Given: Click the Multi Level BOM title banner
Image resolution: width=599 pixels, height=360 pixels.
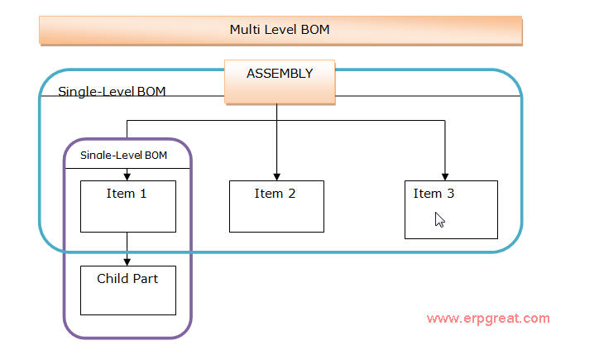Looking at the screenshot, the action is point(280,30).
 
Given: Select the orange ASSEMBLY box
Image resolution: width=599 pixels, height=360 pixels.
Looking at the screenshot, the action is point(280,82).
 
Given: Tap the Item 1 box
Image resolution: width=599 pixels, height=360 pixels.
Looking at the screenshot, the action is point(128,206).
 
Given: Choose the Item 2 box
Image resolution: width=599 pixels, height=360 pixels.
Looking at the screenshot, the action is point(276,206).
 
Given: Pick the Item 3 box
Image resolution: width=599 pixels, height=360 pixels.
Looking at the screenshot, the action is point(451,210).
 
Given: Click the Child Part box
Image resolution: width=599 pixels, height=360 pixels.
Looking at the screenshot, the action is point(128,290).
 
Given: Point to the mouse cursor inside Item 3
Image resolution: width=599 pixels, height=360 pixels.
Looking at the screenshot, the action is point(439,220).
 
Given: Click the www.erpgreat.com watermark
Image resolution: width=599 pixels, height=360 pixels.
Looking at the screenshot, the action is point(488,319).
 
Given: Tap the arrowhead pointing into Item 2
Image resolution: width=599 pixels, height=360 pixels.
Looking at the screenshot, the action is point(276,177).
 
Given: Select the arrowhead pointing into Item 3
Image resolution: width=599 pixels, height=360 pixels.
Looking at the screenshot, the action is point(445,177).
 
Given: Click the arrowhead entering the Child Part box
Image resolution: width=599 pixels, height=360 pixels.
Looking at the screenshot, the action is point(127,262).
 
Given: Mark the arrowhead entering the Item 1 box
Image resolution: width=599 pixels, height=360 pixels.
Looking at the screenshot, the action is point(127,177).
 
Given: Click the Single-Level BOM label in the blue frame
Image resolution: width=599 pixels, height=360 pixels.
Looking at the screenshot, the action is point(112,92).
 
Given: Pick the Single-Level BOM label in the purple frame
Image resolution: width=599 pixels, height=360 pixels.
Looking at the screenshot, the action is point(124,155).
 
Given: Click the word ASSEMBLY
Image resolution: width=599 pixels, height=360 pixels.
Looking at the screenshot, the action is point(280,74).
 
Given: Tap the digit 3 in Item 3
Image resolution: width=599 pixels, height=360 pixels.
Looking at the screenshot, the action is point(451,194).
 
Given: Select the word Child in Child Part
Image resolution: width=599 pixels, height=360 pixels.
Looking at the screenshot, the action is point(113,279).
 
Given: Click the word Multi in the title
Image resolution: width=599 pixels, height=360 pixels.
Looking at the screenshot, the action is point(245,30).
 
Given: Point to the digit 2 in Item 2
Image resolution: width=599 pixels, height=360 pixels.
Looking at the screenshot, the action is point(292,194).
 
